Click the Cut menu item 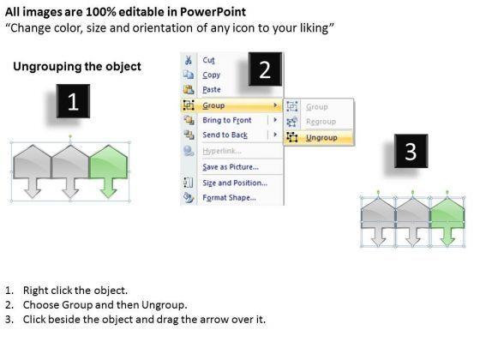pos(208,60)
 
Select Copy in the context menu pos(211,75)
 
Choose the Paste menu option pos(212,90)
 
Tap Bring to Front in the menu pos(227,120)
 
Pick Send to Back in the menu pos(225,135)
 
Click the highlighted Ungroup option pos(321,138)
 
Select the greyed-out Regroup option pos(321,122)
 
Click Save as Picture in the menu pos(231,167)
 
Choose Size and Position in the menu pos(235,183)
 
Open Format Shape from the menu pos(230,198)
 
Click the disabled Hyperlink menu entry pos(222,151)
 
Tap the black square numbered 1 pos(73,101)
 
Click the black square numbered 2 pos(265,69)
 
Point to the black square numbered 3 pos(411,151)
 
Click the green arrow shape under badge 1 pos(108,171)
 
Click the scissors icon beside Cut pos(189,60)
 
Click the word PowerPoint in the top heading pos(213,12)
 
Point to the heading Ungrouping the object pos(77,67)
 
